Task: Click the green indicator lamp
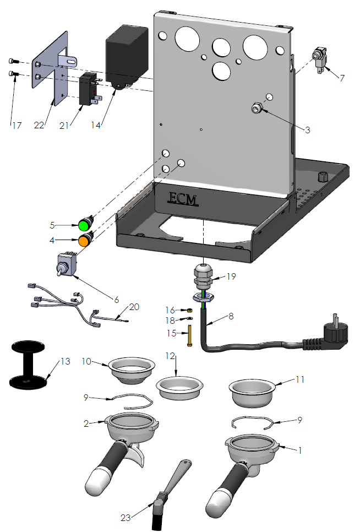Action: (84, 225)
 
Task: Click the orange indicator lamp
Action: (84, 240)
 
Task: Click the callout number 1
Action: (299, 450)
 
